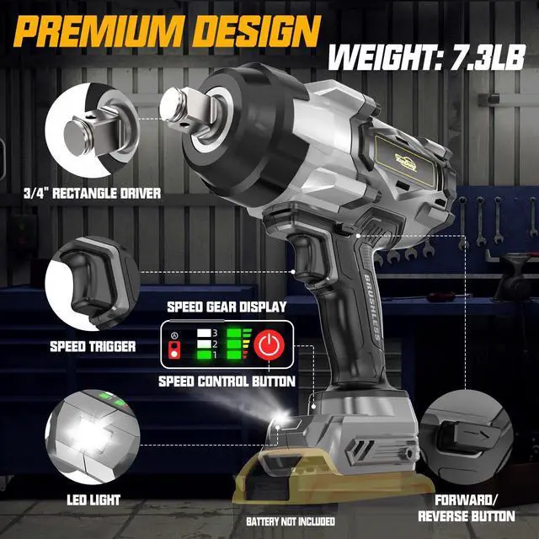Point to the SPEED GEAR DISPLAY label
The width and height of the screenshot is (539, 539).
[x=227, y=307]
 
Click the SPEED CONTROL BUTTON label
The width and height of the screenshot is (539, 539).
[x=227, y=382]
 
